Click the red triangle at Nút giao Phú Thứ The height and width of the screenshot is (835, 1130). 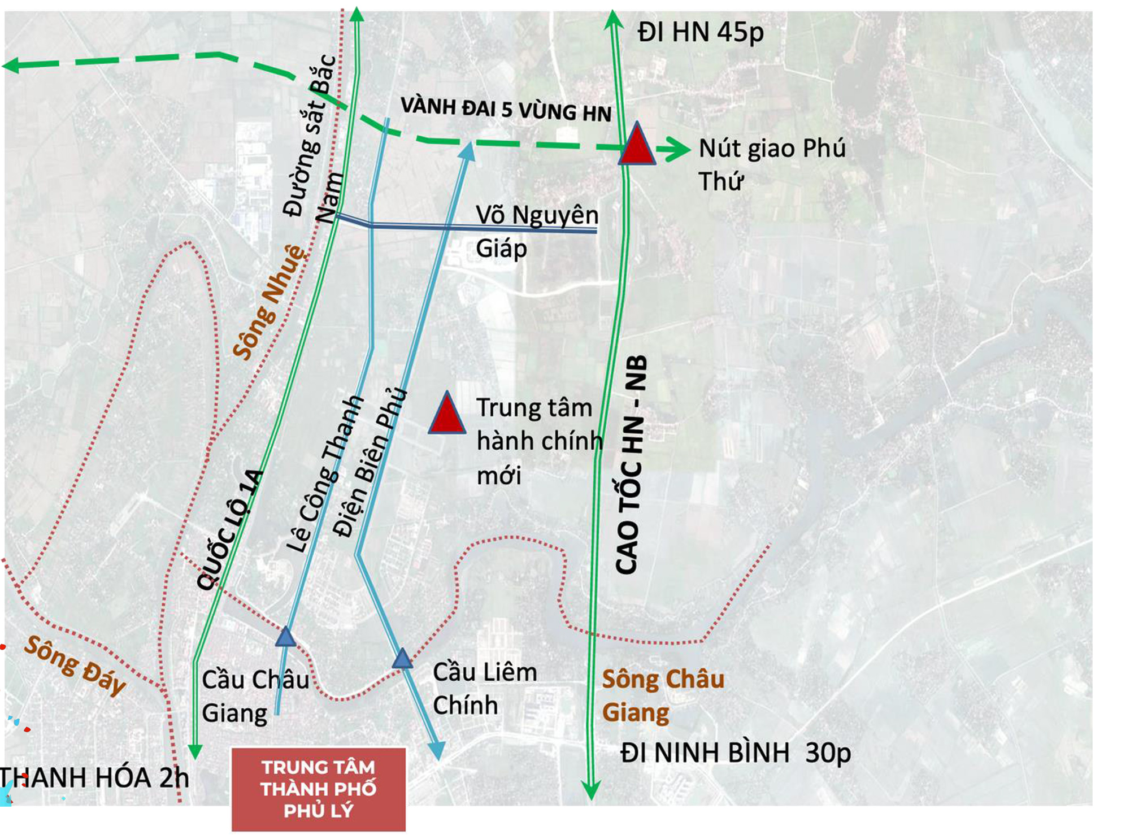click(637, 145)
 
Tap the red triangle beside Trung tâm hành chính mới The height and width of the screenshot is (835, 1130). click(446, 414)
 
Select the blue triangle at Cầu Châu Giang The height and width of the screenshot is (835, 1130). click(285, 637)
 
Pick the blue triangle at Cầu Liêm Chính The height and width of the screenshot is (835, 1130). click(402, 659)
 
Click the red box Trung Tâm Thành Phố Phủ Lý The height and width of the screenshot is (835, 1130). click(319, 789)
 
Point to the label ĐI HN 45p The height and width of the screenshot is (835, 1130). click(700, 32)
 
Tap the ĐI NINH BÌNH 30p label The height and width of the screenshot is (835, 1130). click(735, 753)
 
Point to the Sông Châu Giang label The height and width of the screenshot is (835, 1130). click(662, 695)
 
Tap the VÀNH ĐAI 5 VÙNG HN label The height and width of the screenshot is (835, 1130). click(506, 110)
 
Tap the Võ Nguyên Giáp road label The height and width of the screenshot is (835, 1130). click(536, 232)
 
